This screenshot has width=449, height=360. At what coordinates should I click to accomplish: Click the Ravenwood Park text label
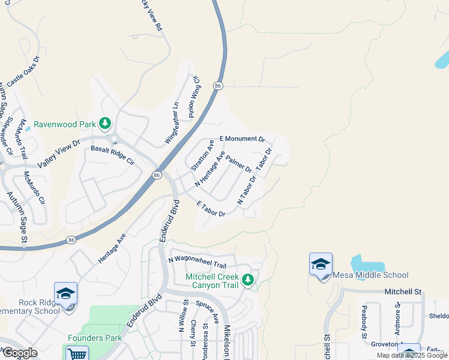point(65,124)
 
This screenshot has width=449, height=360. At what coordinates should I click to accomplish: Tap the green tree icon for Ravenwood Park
point(106,123)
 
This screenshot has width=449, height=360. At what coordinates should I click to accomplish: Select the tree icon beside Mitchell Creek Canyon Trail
point(247,279)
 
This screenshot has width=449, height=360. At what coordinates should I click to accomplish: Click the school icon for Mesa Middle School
point(321,264)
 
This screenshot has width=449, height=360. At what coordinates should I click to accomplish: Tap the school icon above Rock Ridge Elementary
point(65,293)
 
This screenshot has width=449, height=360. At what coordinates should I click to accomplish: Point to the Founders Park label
point(95,338)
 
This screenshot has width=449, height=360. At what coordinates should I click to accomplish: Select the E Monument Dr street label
point(242,139)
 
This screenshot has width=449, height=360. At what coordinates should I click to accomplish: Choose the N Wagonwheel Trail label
point(197,262)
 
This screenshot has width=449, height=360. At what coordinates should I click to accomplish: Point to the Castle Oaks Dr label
point(23,73)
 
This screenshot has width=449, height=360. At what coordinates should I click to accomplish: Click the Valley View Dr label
point(58,154)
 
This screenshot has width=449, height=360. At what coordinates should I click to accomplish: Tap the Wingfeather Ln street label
point(172,123)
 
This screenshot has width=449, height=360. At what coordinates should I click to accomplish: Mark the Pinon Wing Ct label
point(193,96)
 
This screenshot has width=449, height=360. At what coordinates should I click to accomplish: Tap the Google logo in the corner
point(20,353)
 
